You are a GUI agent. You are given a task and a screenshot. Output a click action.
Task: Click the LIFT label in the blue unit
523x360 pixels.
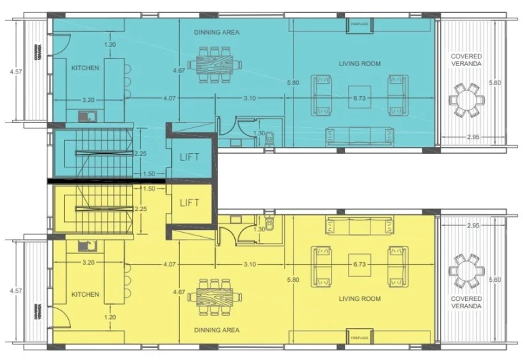click(x=190, y=157)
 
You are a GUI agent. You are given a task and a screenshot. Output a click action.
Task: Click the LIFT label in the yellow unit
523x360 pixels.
click(x=190, y=203)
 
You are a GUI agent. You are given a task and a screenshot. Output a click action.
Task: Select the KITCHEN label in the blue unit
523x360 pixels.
click(x=86, y=68)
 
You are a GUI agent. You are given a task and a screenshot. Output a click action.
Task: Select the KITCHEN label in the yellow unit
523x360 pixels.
click(x=86, y=295)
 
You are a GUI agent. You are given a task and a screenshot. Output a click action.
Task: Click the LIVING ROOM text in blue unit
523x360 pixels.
click(x=359, y=64)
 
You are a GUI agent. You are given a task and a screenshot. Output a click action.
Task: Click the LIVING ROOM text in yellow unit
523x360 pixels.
click(x=359, y=299)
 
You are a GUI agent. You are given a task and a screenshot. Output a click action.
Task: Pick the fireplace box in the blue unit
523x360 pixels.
click(x=359, y=24)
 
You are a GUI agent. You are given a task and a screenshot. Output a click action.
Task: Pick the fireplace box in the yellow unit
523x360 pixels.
click(x=359, y=338)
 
